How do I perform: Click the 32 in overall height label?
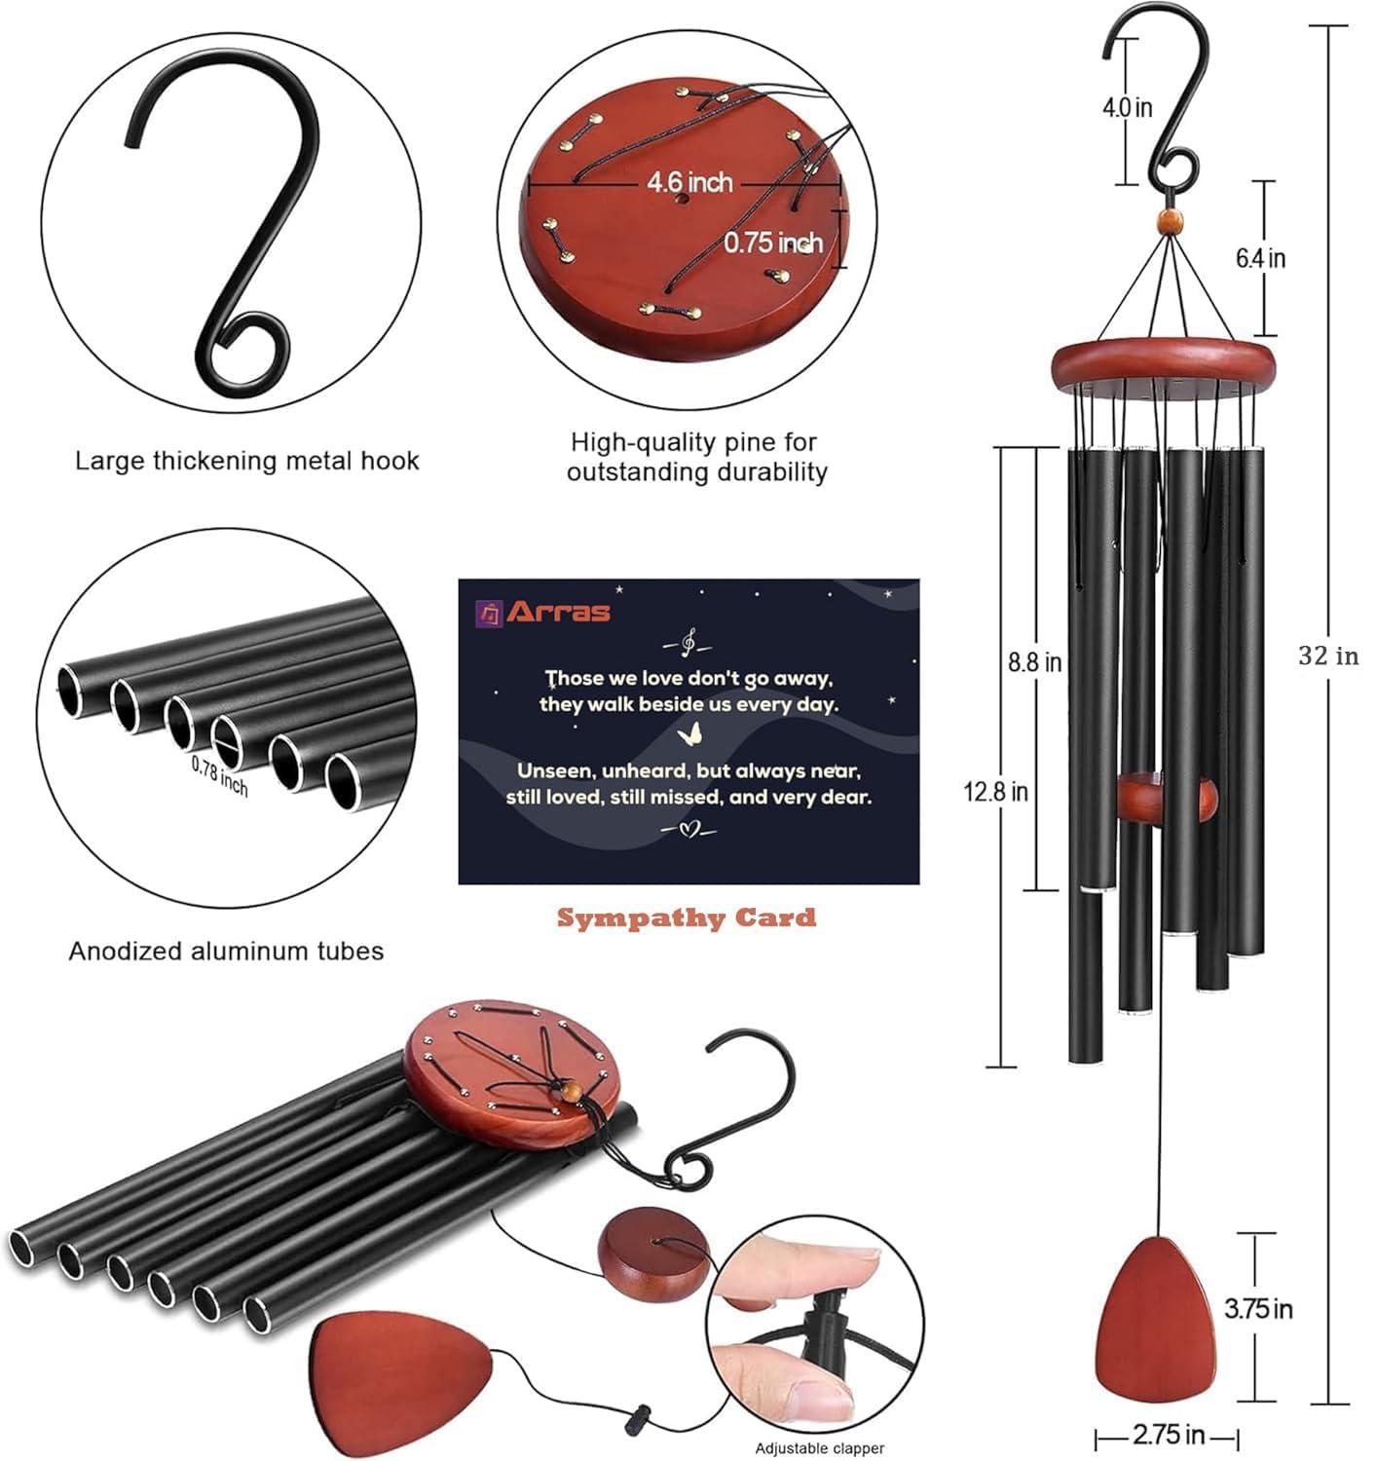coord(1327,656)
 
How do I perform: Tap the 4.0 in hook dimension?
coord(1127,107)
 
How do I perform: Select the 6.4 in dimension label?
coord(1260,258)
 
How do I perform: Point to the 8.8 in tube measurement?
coord(1034,662)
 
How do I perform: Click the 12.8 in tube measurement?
coord(995,792)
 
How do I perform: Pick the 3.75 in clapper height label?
coord(1258,1308)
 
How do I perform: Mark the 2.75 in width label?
coord(1168,1435)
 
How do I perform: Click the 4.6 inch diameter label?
coord(689,182)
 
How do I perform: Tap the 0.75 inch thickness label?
coord(772,243)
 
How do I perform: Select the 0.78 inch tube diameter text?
coord(219,775)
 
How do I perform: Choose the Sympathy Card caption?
coord(687,918)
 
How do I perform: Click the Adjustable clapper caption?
coord(820,1448)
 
